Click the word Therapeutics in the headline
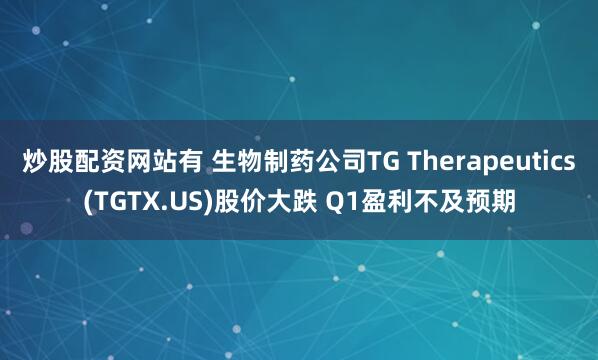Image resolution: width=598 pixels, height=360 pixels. (x=491, y=162)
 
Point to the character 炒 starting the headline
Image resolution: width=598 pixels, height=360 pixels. (x=35, y=162)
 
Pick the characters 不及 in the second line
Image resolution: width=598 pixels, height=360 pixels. (x=438, y=202)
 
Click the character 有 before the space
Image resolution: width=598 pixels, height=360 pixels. (x=191, y=162)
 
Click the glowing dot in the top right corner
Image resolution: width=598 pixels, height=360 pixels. (x=536, y=26)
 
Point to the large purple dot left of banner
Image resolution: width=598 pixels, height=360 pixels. (x=26, y=228)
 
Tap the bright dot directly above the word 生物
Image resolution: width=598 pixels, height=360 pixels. (x=292, y=79)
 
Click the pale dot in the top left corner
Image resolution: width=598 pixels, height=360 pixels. (x=36, y=30)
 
